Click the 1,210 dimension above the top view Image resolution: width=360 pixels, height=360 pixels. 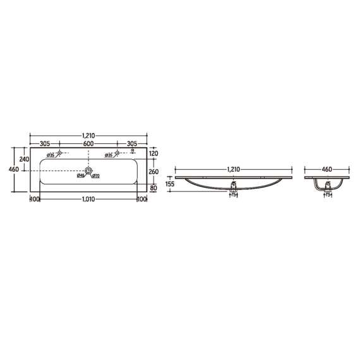tap(88, 135)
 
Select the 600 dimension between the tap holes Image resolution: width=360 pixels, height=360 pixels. tap(88, 143)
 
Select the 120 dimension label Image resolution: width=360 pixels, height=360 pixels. tap(153, 153)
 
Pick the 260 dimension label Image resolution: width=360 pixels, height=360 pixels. tap(153, 171)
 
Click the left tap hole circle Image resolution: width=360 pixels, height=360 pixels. tap(59, 153)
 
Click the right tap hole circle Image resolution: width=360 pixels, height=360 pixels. tap(117, 153)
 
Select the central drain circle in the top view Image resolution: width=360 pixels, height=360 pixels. tap(88, 171)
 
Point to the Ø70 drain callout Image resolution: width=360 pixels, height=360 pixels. tap(97, 176)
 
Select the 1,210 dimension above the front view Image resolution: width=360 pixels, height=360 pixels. tap(234, 169)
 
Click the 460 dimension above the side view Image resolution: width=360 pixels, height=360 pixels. tap(327, 169)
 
